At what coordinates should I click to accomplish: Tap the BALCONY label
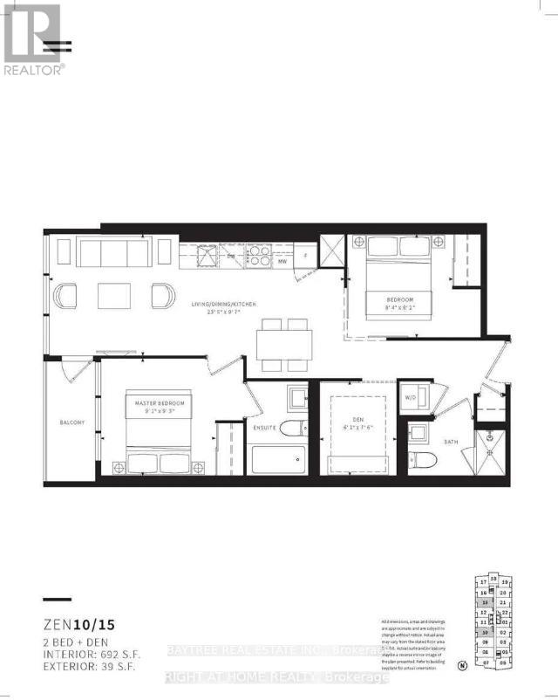pyautogui.click(x=72, y=422)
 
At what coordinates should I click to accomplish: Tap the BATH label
pyautogui.click(x=451, y=442)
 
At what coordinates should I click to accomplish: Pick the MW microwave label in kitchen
pyautogui.click(x=282, y=260)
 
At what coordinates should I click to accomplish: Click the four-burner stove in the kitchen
pyautogui.click(x=260, y=255)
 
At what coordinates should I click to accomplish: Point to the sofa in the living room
pyautogui.click(x=112, y=254)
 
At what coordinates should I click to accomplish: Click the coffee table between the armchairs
pyautogui.click(x=113, y=296)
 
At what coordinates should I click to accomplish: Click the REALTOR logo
pyautogui.click(x=33, y=38)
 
